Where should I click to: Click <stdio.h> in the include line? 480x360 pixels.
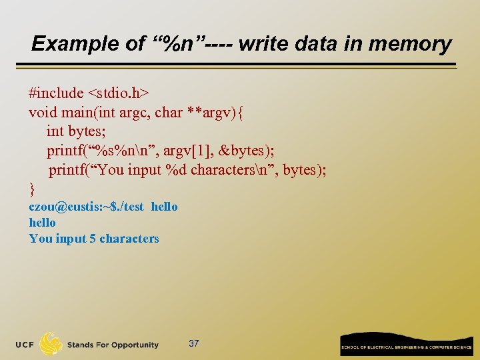point(118,93)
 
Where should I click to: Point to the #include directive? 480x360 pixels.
point(56,93)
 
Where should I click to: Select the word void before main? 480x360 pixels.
point(42,112)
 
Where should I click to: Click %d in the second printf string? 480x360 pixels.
point(175,170)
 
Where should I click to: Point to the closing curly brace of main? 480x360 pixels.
point(31,189)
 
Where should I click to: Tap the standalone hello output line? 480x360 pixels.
point(42,223)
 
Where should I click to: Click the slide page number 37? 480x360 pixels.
point(194,343)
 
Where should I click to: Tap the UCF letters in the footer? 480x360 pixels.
point(25,345)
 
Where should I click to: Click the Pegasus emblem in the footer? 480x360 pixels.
point(51,344)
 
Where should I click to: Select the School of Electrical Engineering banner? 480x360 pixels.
point(406,345)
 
